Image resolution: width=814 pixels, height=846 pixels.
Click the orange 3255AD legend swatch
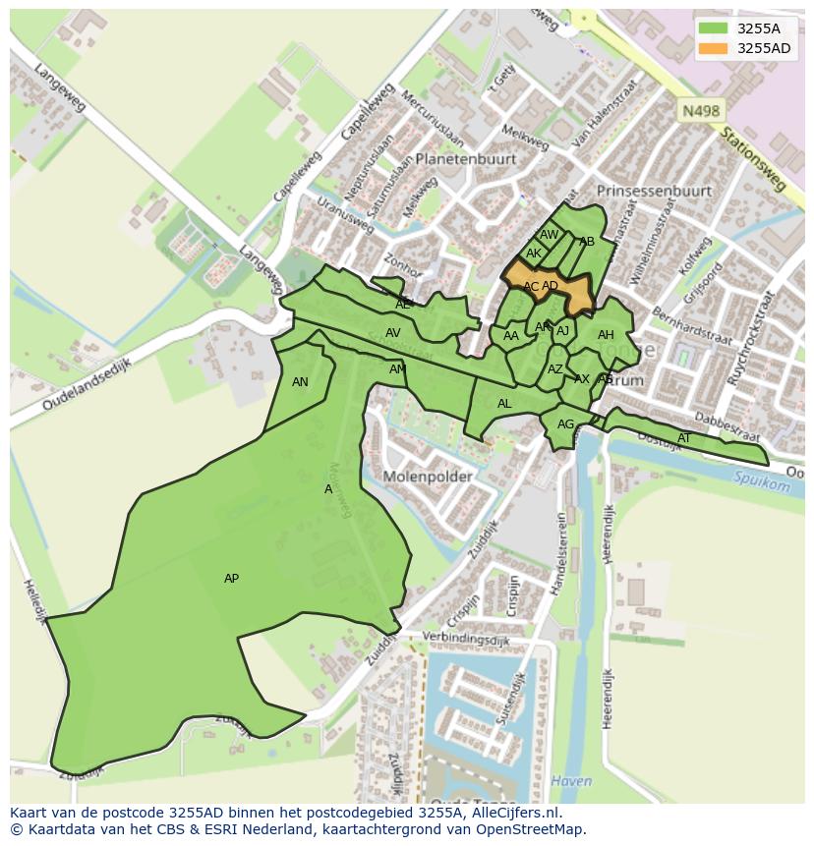714,48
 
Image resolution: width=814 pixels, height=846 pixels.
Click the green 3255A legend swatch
714,28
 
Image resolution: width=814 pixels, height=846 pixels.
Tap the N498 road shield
699,112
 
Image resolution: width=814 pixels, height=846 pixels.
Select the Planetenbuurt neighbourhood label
465,158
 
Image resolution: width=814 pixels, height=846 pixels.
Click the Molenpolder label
428,477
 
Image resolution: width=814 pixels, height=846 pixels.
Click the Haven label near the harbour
572,781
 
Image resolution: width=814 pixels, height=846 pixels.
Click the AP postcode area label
231,579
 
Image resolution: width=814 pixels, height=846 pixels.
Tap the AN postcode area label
300,382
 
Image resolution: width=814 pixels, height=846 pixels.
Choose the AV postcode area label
392,333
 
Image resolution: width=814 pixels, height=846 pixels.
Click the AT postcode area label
684,438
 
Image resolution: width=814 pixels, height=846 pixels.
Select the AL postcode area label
504,404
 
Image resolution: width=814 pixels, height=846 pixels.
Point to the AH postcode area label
606,335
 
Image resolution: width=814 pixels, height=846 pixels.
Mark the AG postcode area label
565,424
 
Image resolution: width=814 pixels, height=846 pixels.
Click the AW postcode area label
549,235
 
